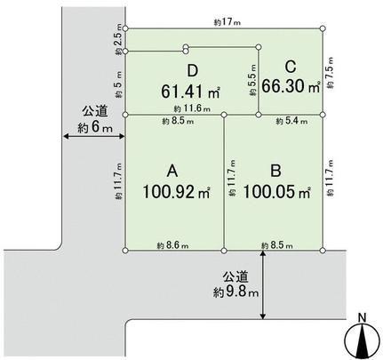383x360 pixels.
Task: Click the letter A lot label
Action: [174, 168]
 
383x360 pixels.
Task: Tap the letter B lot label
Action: [276, 168]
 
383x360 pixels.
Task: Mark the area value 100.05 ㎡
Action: [277, 190]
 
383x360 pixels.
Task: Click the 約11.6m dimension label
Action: [193, 108]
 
